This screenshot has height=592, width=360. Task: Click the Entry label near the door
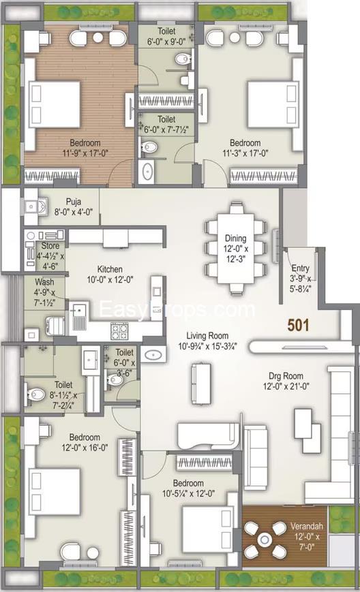[x=300, y=268]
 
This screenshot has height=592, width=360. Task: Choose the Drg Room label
[x=286, y=376]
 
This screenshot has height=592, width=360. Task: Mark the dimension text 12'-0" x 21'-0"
[x=286, y=388]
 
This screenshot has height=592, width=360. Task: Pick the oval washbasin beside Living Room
[x=154, y=354]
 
